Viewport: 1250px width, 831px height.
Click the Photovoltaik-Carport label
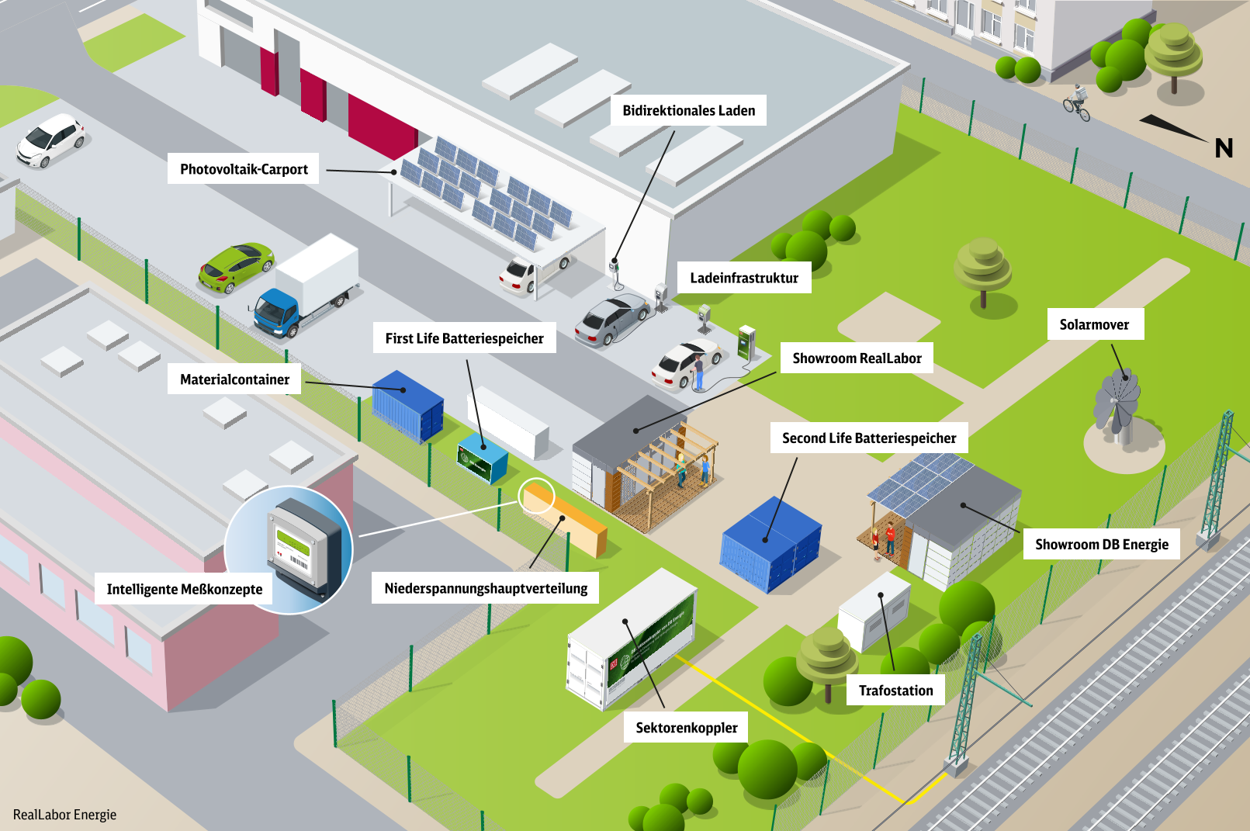244,168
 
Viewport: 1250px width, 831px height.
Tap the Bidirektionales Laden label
688,110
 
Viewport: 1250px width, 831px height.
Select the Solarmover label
1094,324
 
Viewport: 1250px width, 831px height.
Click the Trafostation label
895,691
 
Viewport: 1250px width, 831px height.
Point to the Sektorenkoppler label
687,727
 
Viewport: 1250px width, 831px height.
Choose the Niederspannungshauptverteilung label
486,587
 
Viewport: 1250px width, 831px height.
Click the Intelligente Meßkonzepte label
184,589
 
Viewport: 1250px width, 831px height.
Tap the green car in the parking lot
236,268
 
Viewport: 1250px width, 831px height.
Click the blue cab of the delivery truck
276,313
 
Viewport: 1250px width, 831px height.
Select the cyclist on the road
1076,103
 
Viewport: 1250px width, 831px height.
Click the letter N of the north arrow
1224,148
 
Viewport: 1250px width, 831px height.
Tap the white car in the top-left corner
50,140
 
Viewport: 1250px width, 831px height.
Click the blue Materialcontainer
408,407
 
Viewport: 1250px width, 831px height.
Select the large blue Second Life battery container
770,544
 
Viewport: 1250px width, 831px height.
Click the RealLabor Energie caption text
64,814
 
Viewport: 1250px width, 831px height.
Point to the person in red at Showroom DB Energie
890,538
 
